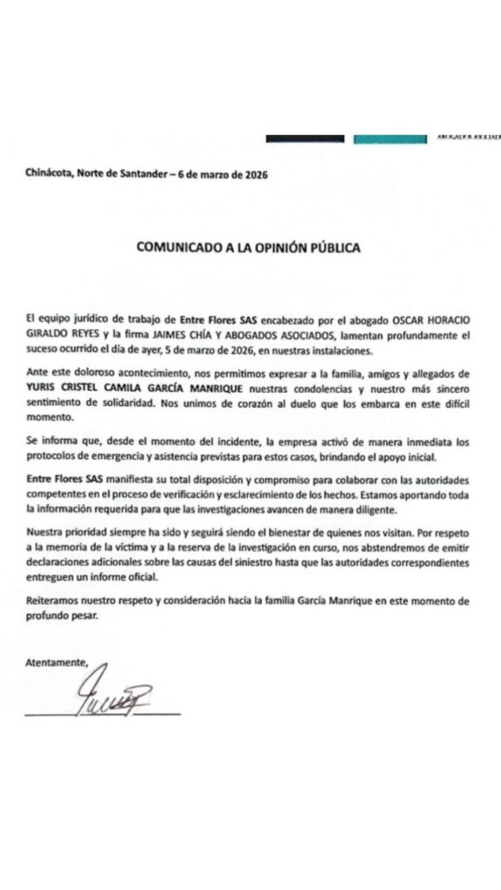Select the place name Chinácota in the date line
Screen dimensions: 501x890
(x=49, y=174)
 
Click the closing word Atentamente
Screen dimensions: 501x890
(x=57, y=662)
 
